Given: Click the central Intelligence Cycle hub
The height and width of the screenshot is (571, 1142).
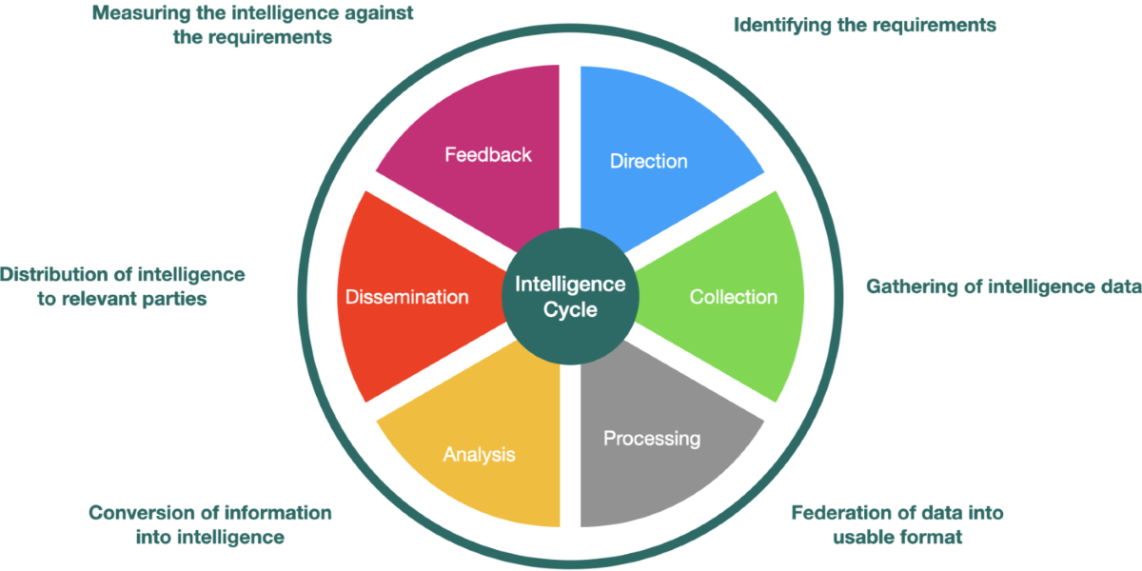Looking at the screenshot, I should click(x=570, y=296).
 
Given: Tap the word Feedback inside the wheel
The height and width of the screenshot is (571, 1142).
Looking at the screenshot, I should click(x=488, y=154).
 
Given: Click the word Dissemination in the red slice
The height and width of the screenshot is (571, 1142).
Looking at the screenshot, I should click(x=407, y=297).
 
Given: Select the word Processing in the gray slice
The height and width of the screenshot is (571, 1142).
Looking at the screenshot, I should click(x=652, y=439).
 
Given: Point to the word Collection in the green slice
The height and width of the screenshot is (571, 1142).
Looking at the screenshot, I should click(x=733, y=297).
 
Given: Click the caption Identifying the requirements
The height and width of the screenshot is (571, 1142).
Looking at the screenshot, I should click(x=864, y=26).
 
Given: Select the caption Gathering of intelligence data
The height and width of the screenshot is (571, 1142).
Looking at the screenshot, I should click(x=1003, y=286).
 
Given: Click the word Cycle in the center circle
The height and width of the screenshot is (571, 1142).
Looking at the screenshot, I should click(x=570, y=309).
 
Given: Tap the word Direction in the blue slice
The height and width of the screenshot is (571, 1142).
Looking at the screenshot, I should click(x=648, y=161).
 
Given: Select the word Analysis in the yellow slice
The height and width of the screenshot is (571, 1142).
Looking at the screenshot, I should click(x=479, y=454).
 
